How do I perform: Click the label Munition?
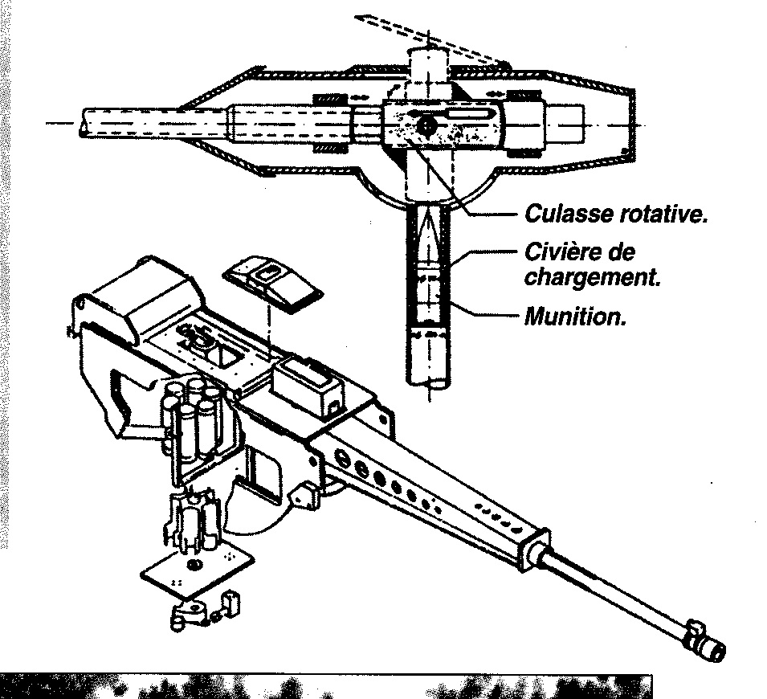coord(574,316)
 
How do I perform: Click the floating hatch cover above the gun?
coord(270,278)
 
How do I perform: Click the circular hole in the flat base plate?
coord(192,566)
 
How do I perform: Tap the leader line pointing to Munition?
coord(486,315)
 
